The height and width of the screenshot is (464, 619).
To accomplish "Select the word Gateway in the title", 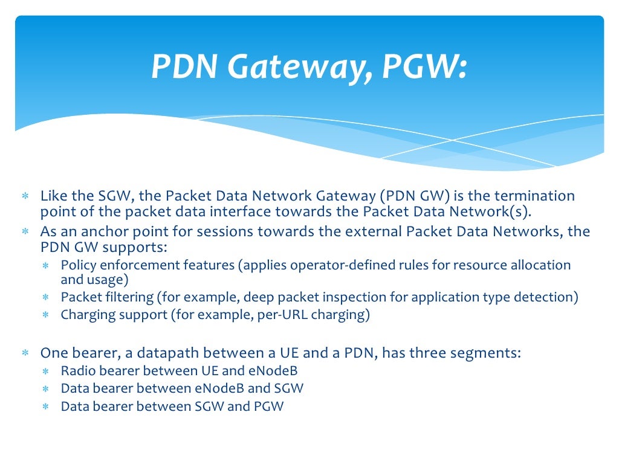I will pyautogui.click(x=299, y=68).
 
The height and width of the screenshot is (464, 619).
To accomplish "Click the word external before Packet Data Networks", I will pyautogui.click(x=369, y=231).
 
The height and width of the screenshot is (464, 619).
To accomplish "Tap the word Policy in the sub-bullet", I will pyautogui.click(x=79, y=265).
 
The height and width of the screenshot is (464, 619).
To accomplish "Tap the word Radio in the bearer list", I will pyautogui.click(x=77, y=370).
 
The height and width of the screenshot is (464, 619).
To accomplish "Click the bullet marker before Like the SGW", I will pyautogui.click(x=25, y=197).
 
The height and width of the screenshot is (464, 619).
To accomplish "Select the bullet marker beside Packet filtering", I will pyautogui.click(x=46, y=298).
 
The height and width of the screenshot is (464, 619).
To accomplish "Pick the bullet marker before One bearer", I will pyautogui.click(x=25, y=353).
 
